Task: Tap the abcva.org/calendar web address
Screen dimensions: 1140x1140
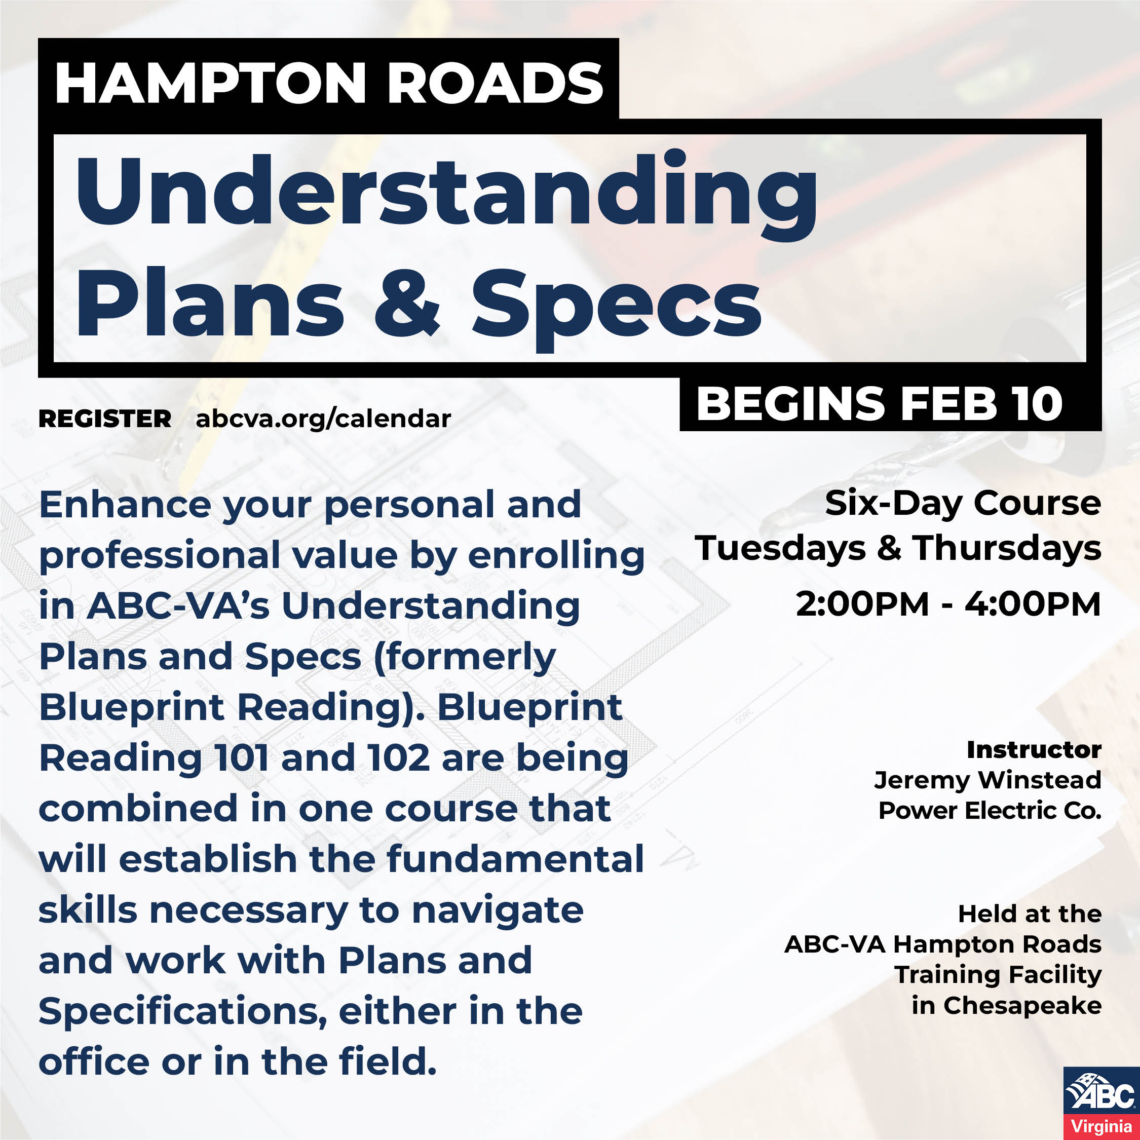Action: coord(323,419)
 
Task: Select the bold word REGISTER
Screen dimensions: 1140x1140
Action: coord(105,419)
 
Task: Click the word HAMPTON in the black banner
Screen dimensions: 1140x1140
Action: coord(211,83)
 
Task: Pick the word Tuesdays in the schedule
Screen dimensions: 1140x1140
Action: coord(781,548)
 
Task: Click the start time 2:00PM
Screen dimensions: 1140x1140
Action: coord(862,604)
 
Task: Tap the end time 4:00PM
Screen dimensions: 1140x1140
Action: coord(1033,604)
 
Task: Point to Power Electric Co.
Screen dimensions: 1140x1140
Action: coord(990,811)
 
